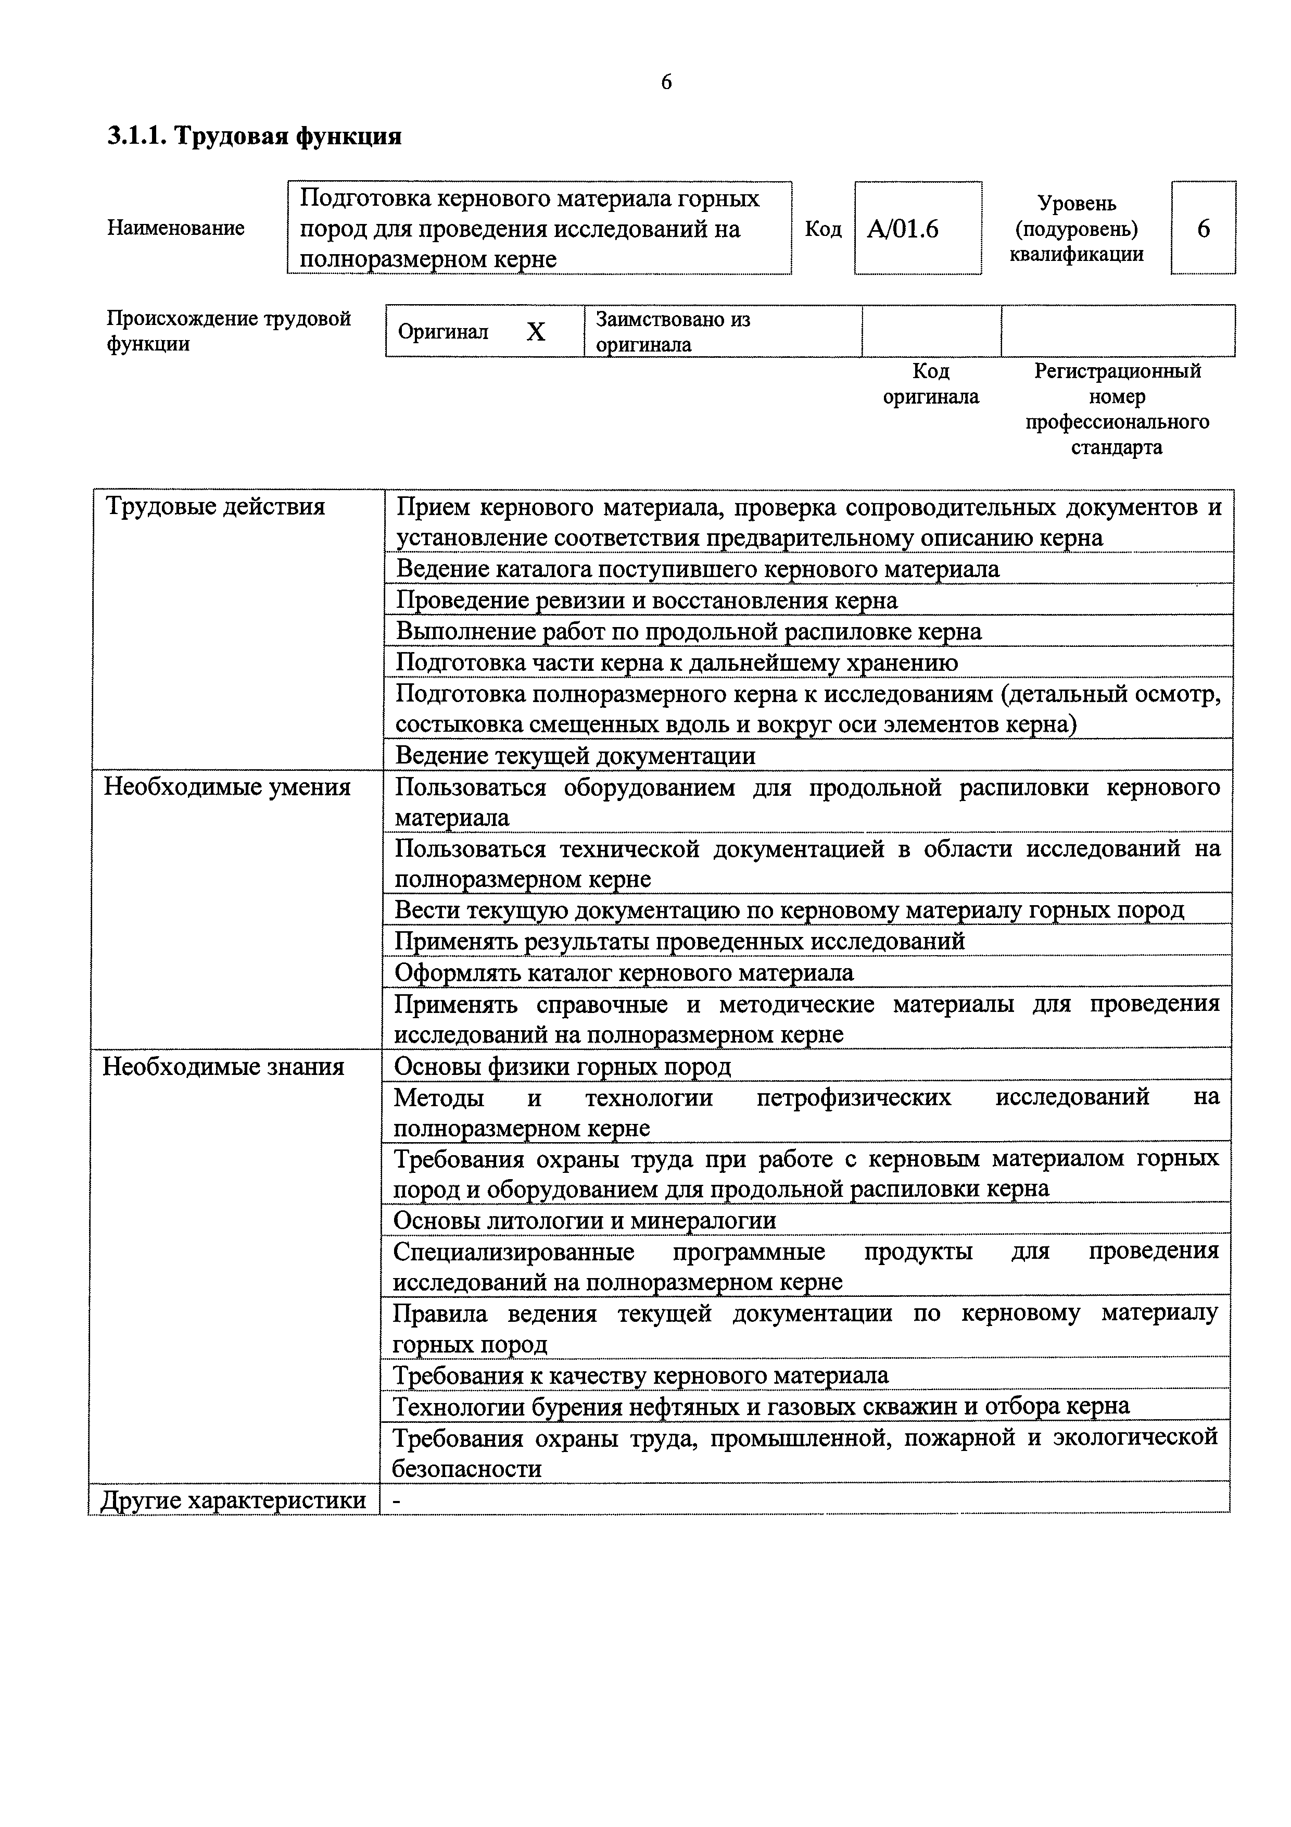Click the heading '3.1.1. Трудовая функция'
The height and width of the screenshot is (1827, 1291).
[x=255, y=137]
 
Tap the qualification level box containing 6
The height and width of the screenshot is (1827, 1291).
[x=1203, y=229]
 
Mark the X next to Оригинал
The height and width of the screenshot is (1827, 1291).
[x=536, y=332]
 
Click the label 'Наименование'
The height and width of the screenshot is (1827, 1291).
[x=176, y=228]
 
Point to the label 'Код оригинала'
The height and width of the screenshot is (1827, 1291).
[x=931, y=383]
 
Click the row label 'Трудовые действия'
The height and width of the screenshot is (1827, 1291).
[x=215, y=507]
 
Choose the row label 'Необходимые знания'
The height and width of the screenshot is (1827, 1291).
[x=223, y=1066]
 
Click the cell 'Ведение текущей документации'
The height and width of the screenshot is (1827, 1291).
[x=575, y=755]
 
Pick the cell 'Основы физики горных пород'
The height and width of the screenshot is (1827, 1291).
[x=562, y=1066]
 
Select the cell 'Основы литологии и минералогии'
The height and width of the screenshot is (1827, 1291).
[x=585, y=1221]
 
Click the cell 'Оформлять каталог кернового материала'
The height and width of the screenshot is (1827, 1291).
[x=625, y=972]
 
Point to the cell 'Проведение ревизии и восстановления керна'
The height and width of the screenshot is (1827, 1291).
[x=647, y=600]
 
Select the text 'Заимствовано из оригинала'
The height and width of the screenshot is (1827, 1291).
[x=673, y=332]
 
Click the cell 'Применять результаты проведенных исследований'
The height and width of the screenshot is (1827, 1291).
[x=680, y=941]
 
